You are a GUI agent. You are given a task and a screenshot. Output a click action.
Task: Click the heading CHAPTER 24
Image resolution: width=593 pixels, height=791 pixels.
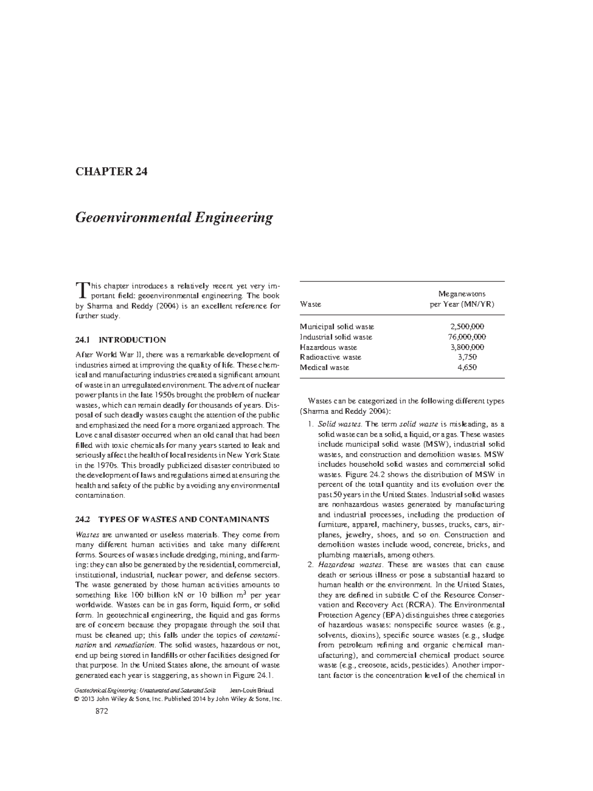click(x=111, y=172)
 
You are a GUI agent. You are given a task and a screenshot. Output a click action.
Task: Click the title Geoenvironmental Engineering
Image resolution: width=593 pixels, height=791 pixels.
click(x=173, y=218)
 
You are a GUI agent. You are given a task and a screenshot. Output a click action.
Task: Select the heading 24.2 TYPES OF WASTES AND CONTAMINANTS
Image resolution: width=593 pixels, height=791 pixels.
click(x=172, y=519)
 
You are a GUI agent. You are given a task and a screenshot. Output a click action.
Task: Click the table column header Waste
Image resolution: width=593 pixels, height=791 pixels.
click(x=310, y=304)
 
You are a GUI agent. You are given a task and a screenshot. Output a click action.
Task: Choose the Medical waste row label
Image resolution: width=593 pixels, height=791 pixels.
click(x=324, y=367)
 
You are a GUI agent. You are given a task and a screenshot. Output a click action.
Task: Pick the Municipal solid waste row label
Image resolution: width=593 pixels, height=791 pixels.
click(x=337, y=326)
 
